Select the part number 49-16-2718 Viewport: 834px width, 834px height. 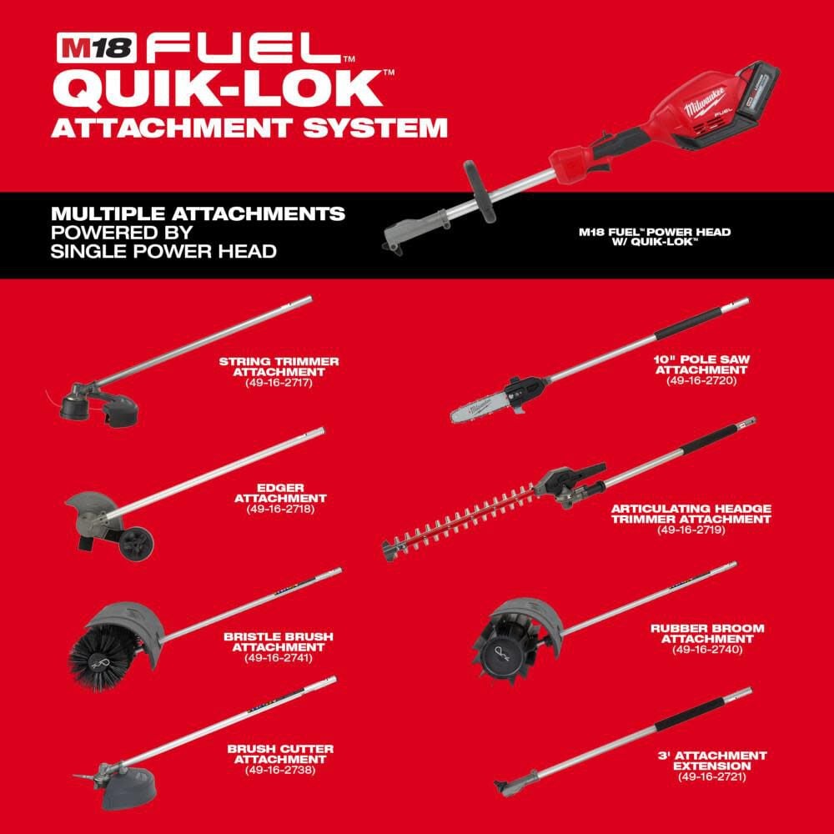click(x=280, y=508)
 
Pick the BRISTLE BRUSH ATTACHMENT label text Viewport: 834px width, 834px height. click(x=278, y=641)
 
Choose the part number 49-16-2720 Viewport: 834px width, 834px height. click(x=702, y=379)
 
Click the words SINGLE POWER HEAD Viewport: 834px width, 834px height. click(x=163, y=250)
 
